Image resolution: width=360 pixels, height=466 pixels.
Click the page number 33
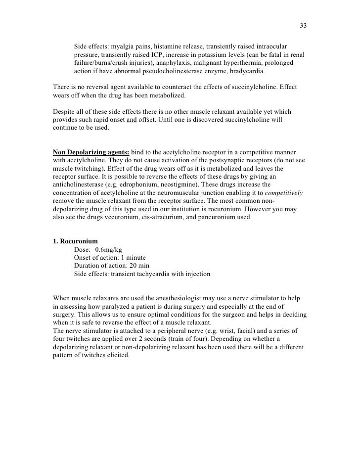[304, 26]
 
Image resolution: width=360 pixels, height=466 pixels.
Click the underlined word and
[132, 120]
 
